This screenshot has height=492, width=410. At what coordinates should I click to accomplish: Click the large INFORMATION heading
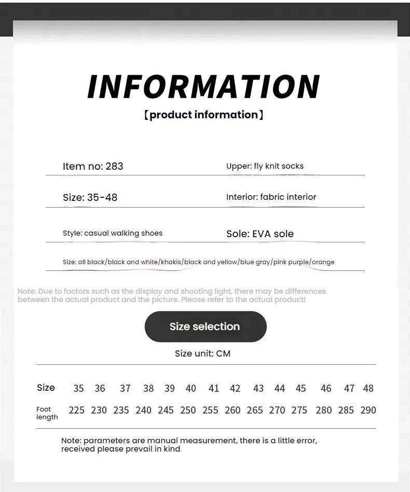204,87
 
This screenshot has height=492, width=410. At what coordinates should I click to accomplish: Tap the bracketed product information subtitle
203,115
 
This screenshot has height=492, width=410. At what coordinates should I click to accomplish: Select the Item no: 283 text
93,167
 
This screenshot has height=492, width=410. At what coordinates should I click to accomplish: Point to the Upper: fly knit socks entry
265,166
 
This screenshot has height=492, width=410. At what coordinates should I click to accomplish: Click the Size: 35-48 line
90,198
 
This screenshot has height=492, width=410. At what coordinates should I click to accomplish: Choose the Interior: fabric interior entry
271,197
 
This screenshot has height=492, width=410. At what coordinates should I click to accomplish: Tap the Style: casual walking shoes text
113,234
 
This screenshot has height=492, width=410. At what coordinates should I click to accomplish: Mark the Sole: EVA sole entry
259,234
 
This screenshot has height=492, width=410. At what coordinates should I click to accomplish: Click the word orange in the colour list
323,262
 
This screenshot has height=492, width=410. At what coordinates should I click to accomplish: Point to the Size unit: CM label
202,354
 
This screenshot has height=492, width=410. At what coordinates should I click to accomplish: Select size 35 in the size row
78,388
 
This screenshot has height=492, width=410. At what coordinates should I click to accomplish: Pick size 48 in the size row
368,388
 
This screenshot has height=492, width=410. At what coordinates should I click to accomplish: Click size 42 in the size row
235,388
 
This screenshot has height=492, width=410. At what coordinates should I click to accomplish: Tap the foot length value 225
76,411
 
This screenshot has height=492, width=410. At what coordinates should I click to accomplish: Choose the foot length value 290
368,411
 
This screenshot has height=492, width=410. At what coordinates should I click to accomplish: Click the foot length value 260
233,411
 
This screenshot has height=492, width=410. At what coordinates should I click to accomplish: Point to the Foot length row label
47,413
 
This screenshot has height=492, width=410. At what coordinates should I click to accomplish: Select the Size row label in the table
46,388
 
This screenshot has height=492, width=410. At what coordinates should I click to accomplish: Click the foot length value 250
188,411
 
